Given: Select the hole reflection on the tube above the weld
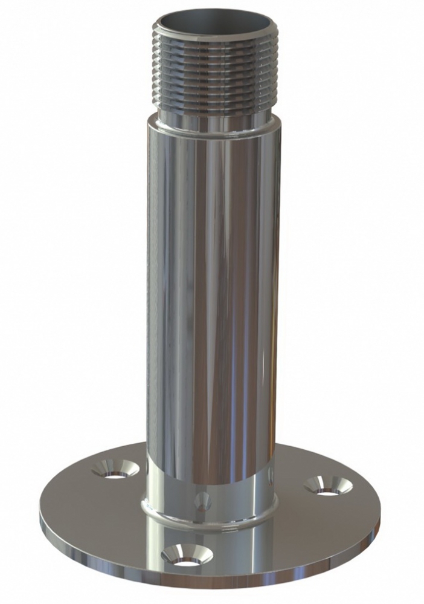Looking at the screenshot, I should pos(202,499).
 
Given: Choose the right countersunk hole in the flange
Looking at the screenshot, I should pos(327,485).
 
